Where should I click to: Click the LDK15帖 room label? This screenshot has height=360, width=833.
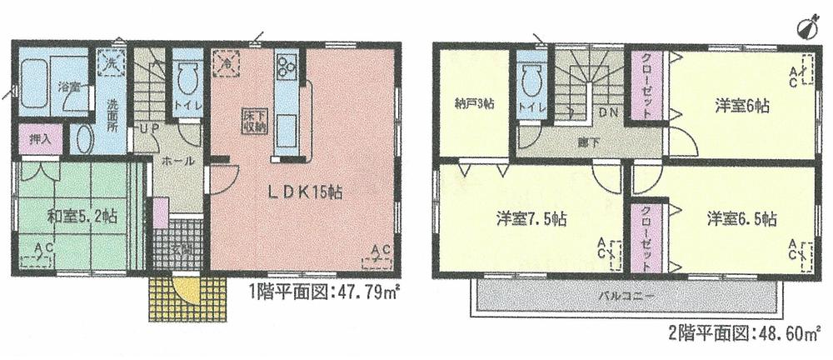(304, 191)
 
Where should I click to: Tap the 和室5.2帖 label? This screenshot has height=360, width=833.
(82, 217)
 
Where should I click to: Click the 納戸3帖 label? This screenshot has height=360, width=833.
(471, 104)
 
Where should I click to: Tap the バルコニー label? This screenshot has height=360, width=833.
(623, 295)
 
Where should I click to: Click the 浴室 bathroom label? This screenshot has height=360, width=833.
(67, 86)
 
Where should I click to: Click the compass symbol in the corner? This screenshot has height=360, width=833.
(806, 27)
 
